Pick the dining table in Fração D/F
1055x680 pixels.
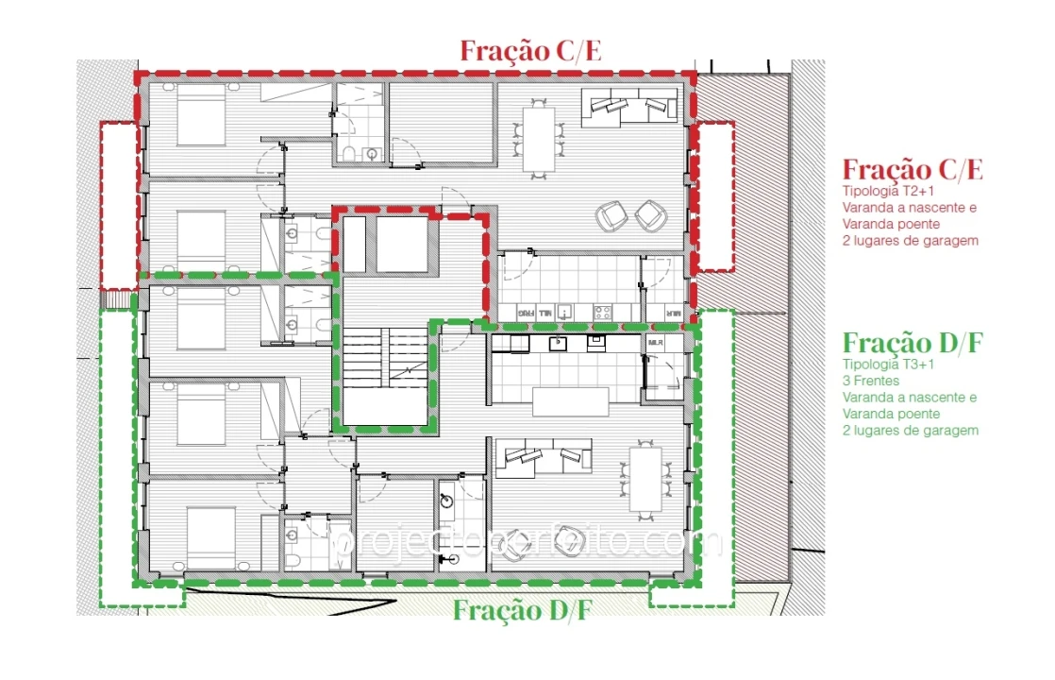click(x=645, y=480)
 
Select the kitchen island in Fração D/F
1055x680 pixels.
click(x=570, y=402)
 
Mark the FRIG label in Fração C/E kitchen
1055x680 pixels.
click(x=526, y=312)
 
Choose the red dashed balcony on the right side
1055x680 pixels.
click(x=714, y=196)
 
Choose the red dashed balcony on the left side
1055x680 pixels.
click(x=119, y=204)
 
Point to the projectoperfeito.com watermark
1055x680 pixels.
click(x=528, y=542)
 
